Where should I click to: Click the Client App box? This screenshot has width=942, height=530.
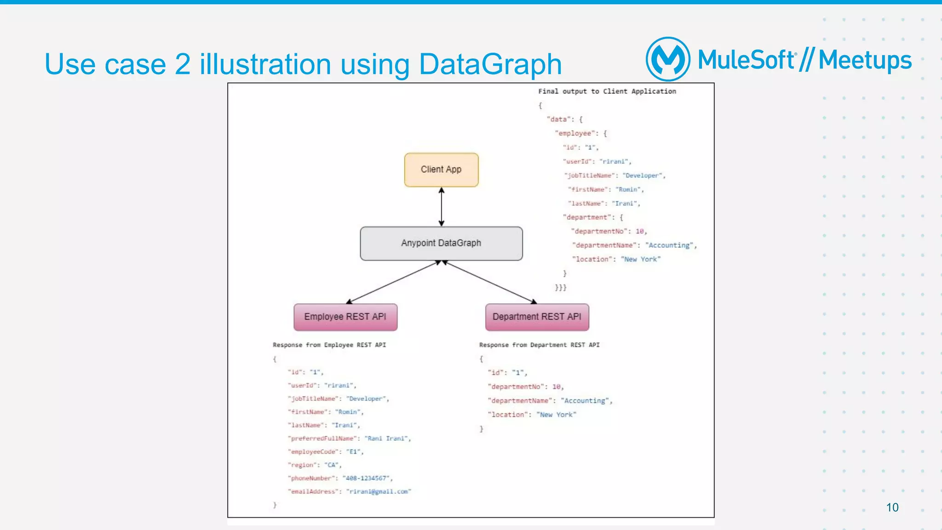coord(441,170)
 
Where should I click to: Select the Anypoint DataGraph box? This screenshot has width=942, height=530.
coord(441,243)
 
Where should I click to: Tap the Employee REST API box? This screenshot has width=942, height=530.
coord(345,317)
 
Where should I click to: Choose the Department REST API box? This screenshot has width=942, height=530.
coord(537,317)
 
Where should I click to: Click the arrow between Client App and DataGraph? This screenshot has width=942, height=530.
coord(442,207)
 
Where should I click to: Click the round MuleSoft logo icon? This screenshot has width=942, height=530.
coord(668,59)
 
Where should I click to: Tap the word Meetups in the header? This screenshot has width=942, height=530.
coord(865,60)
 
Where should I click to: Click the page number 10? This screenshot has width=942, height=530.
coord(892,507)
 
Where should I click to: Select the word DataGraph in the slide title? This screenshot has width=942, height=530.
coord(490,64)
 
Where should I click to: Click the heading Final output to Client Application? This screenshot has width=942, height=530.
coord(607,91)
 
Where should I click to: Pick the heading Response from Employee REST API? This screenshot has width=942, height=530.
coord(329,345)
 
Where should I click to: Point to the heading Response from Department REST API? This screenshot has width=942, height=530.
coord(539,345)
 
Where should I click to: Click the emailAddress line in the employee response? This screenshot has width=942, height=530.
coord(350,491)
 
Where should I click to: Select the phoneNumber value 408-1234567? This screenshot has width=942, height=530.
coord(367,478)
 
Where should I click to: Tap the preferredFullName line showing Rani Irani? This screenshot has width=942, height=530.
coord(350,439)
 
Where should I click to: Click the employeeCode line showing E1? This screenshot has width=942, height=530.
coord(326,452)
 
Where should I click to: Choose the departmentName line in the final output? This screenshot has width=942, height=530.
coord(634,245)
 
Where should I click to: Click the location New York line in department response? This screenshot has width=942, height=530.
coord(532,415)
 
